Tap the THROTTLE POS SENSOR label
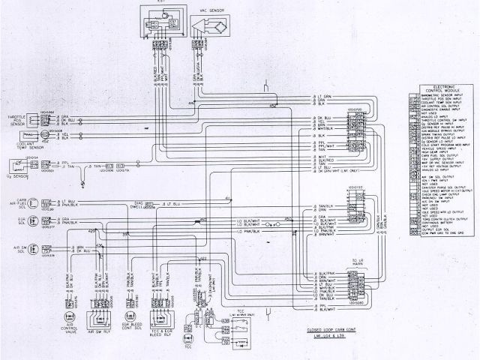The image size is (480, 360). [x=15, y=120]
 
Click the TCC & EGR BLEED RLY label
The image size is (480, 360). [x=163, y=331]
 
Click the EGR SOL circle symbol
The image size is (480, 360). [x=30, y=222]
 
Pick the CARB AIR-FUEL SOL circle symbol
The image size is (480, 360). [x=30, y=202]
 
